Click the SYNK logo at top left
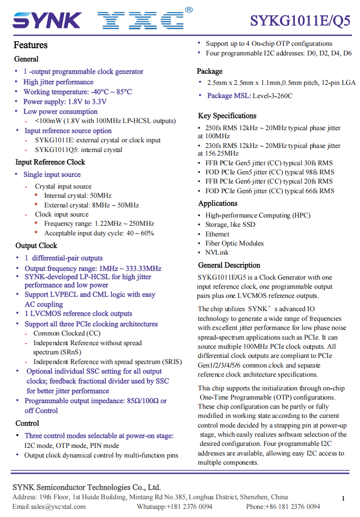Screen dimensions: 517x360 (x=47, y=20)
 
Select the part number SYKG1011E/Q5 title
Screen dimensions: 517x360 (x=300, y=21)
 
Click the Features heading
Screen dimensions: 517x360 (x=31, y=45)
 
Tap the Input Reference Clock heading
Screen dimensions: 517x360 (x=50, y=162)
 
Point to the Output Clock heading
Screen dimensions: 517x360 (x=36, y=246)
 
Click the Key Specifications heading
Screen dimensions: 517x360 (x=227, y=115)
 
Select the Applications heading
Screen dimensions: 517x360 (x=218, y=203)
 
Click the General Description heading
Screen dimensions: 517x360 (x=229, y=265)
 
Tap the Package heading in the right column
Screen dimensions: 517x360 (x=209, y=71)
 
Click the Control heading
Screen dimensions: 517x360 (x=27, y=423)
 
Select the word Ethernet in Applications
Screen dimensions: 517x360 (x=217, y=234)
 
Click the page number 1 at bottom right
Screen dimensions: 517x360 (x=343, y=499)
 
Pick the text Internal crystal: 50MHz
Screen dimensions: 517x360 (x=78, y=195)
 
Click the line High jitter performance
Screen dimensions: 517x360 (x=58, y=82)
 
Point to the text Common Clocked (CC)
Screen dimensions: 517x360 (x=67, y=333)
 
